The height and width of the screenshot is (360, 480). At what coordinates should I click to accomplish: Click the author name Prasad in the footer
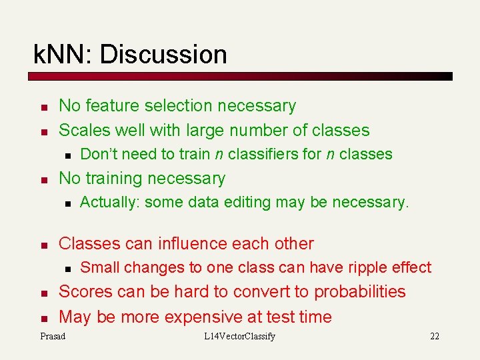point(53,336)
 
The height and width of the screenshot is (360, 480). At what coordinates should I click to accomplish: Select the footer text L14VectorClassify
point(239,336)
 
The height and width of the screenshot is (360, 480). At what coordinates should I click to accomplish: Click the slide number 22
point(434,336)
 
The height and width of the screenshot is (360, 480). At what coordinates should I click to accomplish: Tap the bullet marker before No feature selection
point(43,107)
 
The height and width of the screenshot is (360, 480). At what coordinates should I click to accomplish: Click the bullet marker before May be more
point(43,318)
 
